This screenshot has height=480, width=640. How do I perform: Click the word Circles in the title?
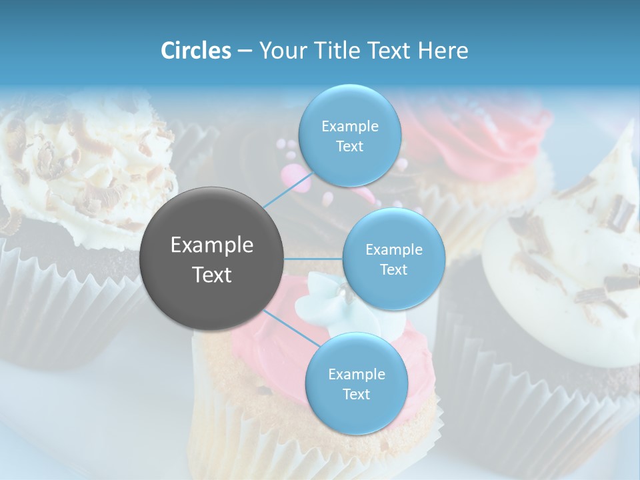coord(195,51)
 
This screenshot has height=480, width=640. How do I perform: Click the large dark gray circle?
coord(212,259)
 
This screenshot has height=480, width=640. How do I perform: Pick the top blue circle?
coord(349,136)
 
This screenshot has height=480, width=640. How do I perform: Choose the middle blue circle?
coord(393,259)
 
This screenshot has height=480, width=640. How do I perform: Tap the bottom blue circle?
coord(356,383)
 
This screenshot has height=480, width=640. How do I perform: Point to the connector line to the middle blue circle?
coord(313,259)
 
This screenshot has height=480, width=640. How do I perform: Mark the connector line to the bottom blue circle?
coord(290,327)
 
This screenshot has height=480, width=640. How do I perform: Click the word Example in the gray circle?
coord(212,245)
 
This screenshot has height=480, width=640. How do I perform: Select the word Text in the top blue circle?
coord(349,147)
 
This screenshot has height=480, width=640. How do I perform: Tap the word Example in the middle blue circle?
coord(394,250)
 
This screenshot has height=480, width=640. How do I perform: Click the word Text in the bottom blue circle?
coord(356,394)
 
